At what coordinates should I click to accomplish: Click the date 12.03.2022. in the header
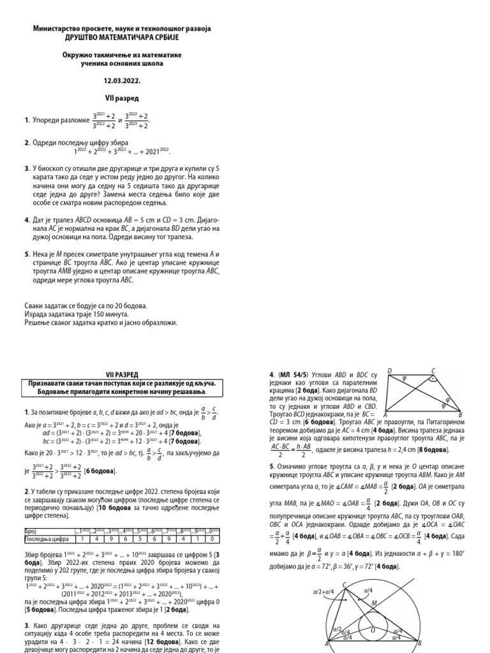pos(121,82)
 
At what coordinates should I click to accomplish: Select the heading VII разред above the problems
pos(121,99)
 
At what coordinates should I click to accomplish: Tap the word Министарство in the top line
pos(59,29)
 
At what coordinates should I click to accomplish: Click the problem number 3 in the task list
pos(26,168)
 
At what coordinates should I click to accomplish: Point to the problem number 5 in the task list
pos(26,254)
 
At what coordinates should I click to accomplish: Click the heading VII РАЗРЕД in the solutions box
pos(121,374)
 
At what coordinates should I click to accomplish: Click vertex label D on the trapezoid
pos(389,371)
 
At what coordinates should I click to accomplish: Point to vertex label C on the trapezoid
pos(433,371)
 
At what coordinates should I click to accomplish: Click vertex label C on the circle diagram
pos(345,585)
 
